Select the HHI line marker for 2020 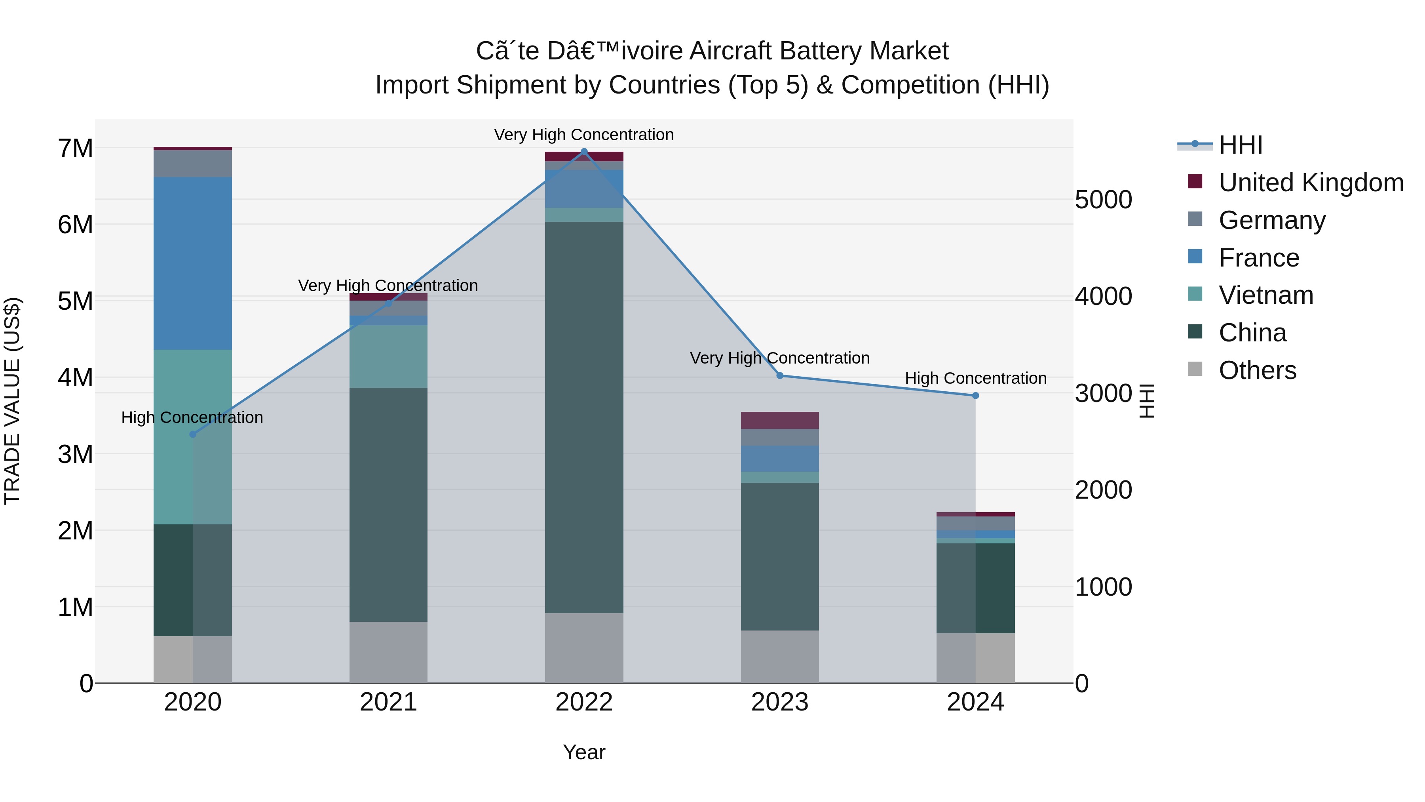[192, 434]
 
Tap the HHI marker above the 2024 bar [975, 396]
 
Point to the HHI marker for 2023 [779, 376]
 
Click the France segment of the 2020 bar [192, 263]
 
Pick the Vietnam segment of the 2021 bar [388, 356]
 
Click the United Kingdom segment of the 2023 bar [779, 420]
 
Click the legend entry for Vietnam [1266, 295]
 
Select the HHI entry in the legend [1240, 145]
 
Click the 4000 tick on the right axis [1103, 296]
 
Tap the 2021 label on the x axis [388, 702]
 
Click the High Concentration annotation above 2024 [975, 379]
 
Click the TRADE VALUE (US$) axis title [13, 401]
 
